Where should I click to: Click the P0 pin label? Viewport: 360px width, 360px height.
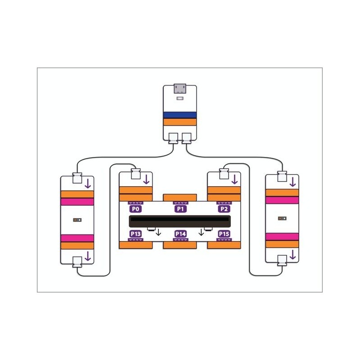tap(135, 209)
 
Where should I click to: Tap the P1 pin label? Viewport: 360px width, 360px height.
tap(180, 209)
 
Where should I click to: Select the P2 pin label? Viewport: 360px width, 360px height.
tap(224, 209)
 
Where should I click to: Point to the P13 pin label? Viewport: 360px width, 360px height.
tap(135, 234)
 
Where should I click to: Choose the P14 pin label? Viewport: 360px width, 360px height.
tap(180, 234)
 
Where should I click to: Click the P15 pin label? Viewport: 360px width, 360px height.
tap(224, 234)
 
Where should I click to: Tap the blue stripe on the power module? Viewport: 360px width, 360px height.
tap(180, 115)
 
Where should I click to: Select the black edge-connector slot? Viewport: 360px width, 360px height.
tap(180, 221)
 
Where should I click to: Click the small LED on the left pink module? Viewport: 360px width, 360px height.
tap(77, 220)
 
